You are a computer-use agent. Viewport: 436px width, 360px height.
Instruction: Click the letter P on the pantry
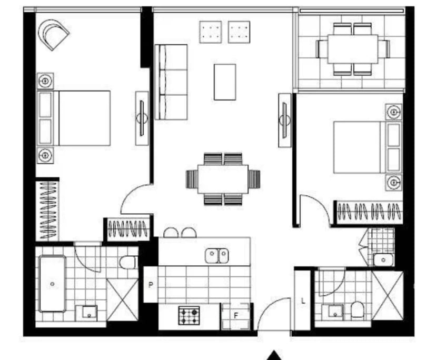pyautogui.click(x=150, y=285)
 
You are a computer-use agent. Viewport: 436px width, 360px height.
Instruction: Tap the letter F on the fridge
pyautogui.click(x=236, y=316)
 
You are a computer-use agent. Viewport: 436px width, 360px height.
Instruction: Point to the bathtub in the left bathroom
pyautogui.click(x=52, y=284)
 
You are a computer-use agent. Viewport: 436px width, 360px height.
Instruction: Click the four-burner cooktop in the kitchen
pyautogui.click(x=189, y=316)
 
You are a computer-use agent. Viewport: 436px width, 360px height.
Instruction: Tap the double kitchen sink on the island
pyautogui.click(x=216, y=255)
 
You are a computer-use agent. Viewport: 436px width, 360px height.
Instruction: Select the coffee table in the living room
pyautogui.click(x=224, y=82)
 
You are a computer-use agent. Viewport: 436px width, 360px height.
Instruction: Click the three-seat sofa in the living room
pyautogui.click(x=172, y=82)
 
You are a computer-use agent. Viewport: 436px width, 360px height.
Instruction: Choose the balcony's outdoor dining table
pyautogui.click(x=352, y=48)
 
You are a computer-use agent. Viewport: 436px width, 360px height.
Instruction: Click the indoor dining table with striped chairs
pyautogui.click(x=223, y=179)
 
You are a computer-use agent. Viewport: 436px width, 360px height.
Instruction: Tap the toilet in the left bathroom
pyautogui.click(x=128, y=262)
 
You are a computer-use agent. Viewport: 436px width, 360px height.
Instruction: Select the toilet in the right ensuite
pyautogui.click(x=358, y=310)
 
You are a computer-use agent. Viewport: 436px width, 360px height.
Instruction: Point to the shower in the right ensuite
pyautogui.click(x=388, y=295)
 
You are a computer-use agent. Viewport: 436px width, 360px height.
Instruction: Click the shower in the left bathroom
pyautogui.click(x=122, y=299)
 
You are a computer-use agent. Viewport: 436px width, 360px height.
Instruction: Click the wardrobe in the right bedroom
pyautogui.click(x=369, y=212)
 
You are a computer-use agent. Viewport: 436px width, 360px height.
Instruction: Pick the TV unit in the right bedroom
pyautogui.click(x=285, y=121)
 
